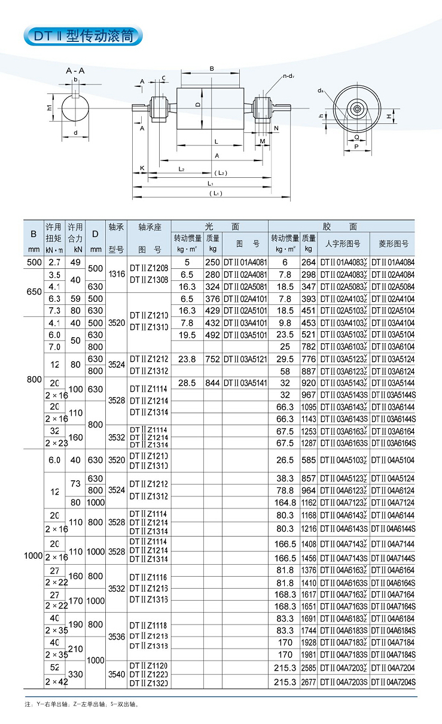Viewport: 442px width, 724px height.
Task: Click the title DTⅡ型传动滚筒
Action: [83, 36]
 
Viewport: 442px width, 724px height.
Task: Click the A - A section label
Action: [75, 71]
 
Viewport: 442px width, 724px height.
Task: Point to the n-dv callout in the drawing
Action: [291, 76]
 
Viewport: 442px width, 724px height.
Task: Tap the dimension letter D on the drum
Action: [197, 105]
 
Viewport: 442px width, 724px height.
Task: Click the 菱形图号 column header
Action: [393, 244]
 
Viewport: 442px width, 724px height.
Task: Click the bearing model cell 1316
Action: [116, 274]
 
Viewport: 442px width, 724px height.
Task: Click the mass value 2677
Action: [308, 682]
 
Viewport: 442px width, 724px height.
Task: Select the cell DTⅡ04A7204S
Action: [393, 682]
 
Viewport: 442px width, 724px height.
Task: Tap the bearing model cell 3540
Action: [116, 674]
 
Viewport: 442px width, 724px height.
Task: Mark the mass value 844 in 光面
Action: [212, 383]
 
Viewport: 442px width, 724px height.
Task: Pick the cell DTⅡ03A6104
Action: [393, 347]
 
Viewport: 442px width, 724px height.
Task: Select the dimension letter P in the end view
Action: [356, 146]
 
